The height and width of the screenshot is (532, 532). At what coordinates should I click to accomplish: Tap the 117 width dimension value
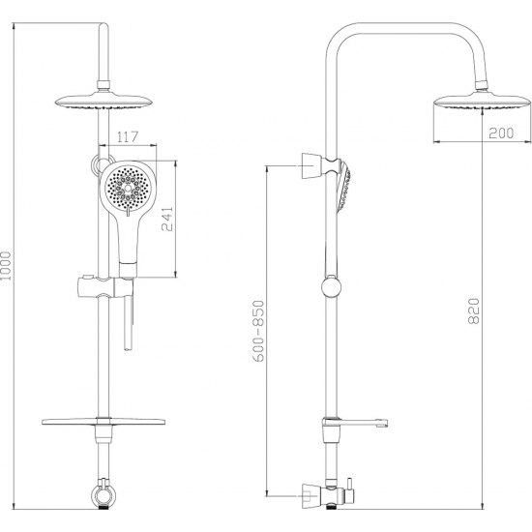click(128, 136)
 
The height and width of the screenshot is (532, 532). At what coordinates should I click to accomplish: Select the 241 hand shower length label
click(167, 219)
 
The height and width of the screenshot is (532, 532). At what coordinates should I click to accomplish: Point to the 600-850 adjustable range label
click(258, 331)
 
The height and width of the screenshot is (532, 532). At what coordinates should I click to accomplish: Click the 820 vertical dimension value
click(474, 310)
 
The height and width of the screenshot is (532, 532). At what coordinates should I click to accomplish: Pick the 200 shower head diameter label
click(501, 133)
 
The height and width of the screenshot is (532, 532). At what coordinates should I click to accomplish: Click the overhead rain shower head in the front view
click(104, 101)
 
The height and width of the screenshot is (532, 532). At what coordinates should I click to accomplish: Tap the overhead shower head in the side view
click(482, 102)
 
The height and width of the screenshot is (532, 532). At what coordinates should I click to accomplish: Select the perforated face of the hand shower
click(128, 188)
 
